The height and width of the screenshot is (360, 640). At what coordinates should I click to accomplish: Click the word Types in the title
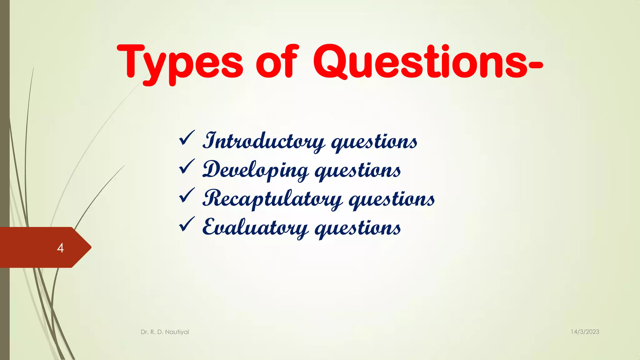180,62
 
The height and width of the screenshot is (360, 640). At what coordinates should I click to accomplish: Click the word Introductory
263,142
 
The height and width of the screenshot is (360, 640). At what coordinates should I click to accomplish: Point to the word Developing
255,171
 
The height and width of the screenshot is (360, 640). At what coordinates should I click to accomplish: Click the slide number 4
60,248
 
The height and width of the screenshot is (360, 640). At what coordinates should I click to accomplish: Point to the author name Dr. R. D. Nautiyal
165,332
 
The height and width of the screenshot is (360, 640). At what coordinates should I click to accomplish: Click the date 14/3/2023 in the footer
585,332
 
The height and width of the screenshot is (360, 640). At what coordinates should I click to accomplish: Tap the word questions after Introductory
374,142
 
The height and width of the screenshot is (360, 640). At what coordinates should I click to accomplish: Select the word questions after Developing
357,171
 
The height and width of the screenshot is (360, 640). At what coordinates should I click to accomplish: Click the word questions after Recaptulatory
392,200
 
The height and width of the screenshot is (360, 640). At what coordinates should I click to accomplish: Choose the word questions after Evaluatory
357,229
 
